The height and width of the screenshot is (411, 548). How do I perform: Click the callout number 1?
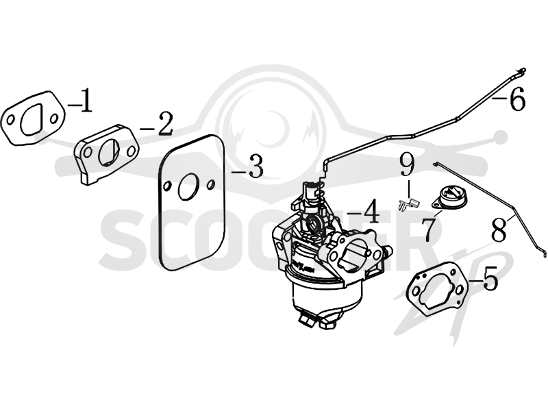(x=87, y=101)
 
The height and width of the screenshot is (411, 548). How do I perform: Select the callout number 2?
(x=165, y=124)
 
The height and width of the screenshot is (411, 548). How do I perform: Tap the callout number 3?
(x=256, y=166)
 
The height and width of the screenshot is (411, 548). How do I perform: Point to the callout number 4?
(x=371, y=212)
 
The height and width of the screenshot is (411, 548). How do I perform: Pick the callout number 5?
(x=490, y=277)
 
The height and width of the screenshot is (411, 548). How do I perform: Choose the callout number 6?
(x=517, y=99)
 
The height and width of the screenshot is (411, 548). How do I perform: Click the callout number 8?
(x=499, y=229)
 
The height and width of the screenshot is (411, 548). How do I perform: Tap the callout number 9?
(x=407, y=166)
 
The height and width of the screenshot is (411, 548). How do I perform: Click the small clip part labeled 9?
(x=408, y=204)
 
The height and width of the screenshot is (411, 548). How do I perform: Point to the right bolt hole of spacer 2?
(x=131, y=151)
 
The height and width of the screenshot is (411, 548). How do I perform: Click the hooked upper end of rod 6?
(x=521, y=71)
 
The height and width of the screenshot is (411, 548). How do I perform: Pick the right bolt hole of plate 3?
(x=211, y=184)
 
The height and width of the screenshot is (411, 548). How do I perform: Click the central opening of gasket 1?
(x=32, y=120)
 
